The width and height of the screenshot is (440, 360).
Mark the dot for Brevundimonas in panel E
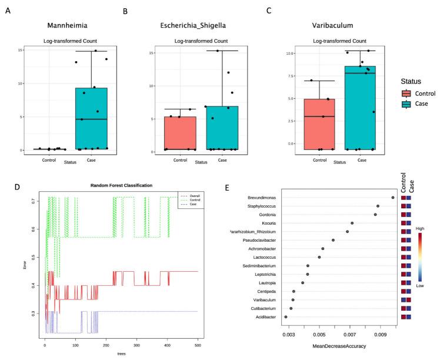(x=392, y=198)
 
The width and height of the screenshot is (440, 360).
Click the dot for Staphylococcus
(x=378, y=206)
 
